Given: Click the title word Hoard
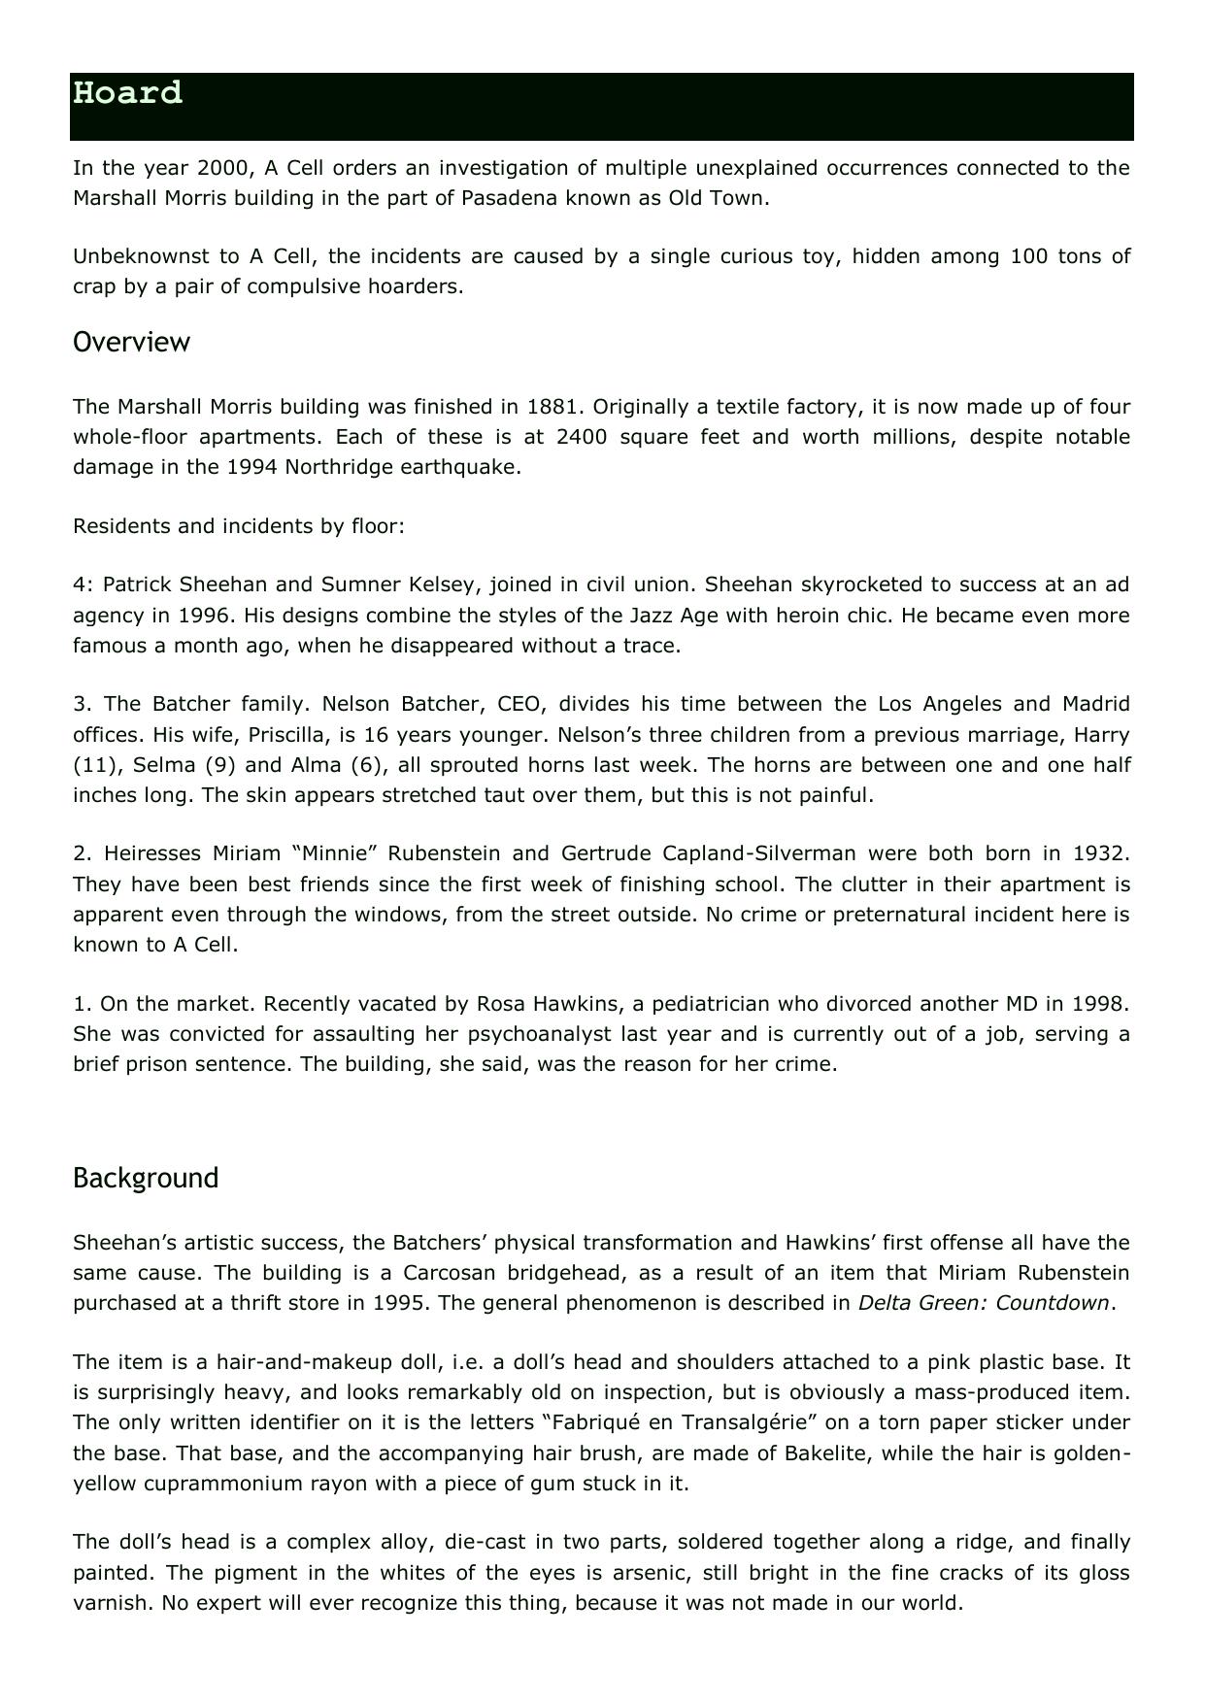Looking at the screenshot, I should point(127,93).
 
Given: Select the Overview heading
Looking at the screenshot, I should point(131,342).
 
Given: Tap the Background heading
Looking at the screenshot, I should point(146,1178).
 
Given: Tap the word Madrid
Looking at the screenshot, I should point(1095,704).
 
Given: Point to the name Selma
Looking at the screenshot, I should point(162,764).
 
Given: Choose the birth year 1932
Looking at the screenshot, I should point(1099,853).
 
